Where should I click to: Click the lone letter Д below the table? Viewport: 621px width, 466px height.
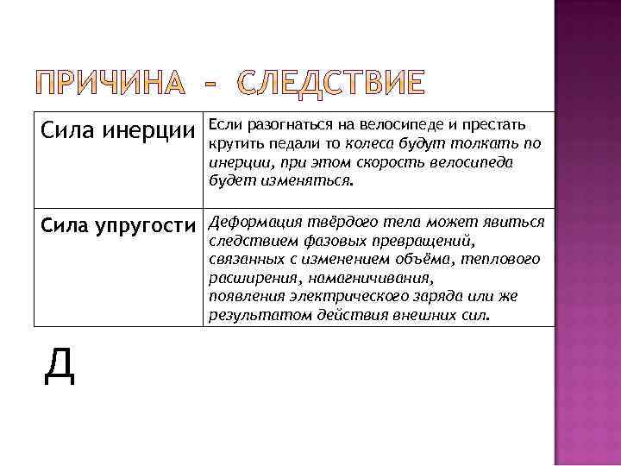pyautogui.click(x=59, y=366)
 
